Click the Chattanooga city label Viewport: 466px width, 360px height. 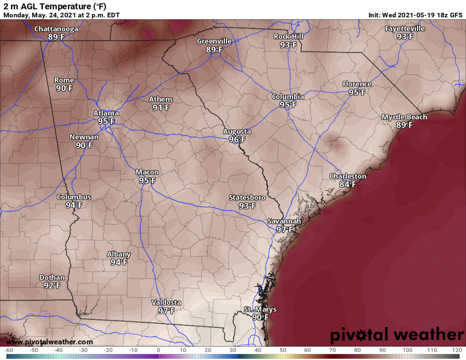tap(56, 29)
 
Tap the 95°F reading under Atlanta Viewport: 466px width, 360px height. tap(106, 122)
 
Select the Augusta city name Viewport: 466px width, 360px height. tap(237, 132)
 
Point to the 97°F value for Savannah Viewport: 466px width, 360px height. tap(284, 229)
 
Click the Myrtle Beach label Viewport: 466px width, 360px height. tap(404, 117)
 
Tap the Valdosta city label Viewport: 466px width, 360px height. tap(166, 303)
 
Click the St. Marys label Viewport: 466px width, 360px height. tap(260, 309)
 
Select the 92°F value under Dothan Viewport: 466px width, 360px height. tap(52, 285)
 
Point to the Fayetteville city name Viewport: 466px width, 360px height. tap(405, 28)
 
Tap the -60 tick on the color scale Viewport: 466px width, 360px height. tap(8, 350)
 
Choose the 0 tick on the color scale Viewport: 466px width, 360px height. tap(158, 350)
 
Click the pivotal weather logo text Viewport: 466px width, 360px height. tap(396, 335)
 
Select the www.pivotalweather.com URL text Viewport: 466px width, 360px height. tap(50, 342)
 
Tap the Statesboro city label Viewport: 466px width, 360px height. tap(247, 198)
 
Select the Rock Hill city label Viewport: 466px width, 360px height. tap(288, 36)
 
